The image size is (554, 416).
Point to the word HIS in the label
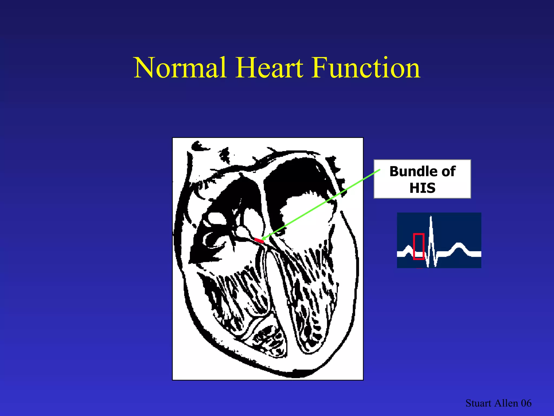[422, 188]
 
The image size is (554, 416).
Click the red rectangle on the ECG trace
[418, 246]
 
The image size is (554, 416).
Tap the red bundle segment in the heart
[259, 240]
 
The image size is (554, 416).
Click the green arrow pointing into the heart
[322, 204]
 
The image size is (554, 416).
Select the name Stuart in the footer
[478, 403]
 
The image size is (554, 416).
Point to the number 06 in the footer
[526, 403]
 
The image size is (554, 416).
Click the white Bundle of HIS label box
[422, 179]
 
